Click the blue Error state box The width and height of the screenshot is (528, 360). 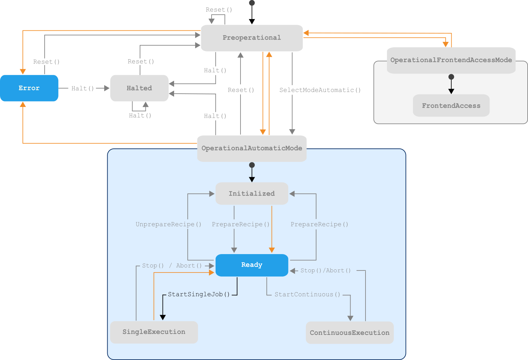click(29, 88)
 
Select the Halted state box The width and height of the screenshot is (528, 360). click(139, 88)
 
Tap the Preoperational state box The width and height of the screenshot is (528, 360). click(252, 38)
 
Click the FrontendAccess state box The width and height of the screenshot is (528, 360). click(451, 106)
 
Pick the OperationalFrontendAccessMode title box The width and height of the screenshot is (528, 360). click(451, 60)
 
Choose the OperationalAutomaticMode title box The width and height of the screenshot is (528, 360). click(252, 148)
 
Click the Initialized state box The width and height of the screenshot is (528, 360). click(252, 194)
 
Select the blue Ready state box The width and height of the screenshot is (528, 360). click(252, 265)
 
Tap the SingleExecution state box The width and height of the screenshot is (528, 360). click(154, 332)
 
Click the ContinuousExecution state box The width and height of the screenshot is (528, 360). click(350, 333)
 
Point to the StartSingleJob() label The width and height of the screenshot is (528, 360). click(199, 295)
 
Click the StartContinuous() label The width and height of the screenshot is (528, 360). click(308, 295)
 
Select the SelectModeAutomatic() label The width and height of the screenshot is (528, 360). click(320, 90)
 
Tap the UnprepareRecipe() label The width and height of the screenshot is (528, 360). click(169, 224)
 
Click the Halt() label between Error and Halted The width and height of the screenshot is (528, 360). click(83, 89)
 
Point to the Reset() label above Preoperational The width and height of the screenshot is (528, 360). click(219, 10)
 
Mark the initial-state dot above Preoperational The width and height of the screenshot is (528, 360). click(252, 3)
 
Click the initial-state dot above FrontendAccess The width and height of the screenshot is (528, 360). click(451, 77)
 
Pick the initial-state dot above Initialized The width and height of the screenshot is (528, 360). click(252, 165)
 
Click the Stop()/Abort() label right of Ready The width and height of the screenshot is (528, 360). click(326, 271)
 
